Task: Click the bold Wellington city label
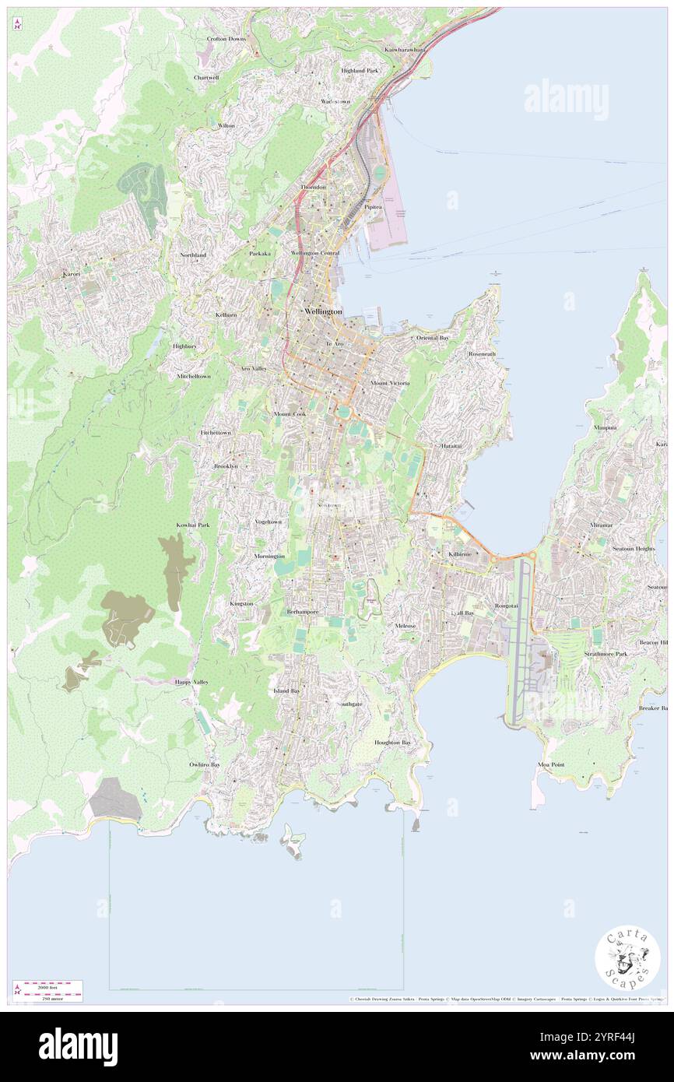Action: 323,311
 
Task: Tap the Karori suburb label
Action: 72,274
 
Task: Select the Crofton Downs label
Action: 226,38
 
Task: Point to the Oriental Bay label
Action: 433,338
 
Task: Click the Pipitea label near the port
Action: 374,208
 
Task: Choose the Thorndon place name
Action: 314,188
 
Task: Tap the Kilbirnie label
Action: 460,553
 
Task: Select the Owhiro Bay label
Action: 205,764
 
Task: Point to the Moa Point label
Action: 551,764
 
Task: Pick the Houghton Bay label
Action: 392,742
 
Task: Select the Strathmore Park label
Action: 606,654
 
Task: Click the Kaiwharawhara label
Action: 405,49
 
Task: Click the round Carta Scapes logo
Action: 627,959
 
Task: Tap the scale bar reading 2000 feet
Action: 52,985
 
